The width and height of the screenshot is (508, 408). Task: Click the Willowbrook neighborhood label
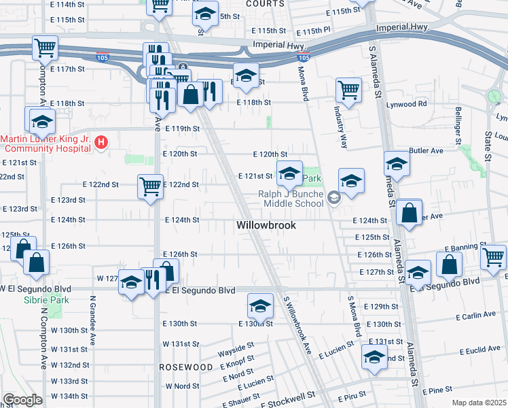pos(266,225)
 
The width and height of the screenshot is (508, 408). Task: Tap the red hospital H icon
pos(101,142)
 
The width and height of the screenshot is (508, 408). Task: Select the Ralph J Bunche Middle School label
pos(290,198)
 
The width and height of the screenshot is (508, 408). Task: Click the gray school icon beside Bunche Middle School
pos(333,198)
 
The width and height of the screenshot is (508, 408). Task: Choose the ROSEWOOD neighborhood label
pos(186,367)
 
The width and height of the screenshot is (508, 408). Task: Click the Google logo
pos(22,399)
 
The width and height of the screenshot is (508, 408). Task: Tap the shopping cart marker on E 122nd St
pos(149,186)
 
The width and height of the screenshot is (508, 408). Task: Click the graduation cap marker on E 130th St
pos(259,307)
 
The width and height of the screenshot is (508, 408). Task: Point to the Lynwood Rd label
pos(413,104)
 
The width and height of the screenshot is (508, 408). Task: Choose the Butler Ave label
pos(427,150)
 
